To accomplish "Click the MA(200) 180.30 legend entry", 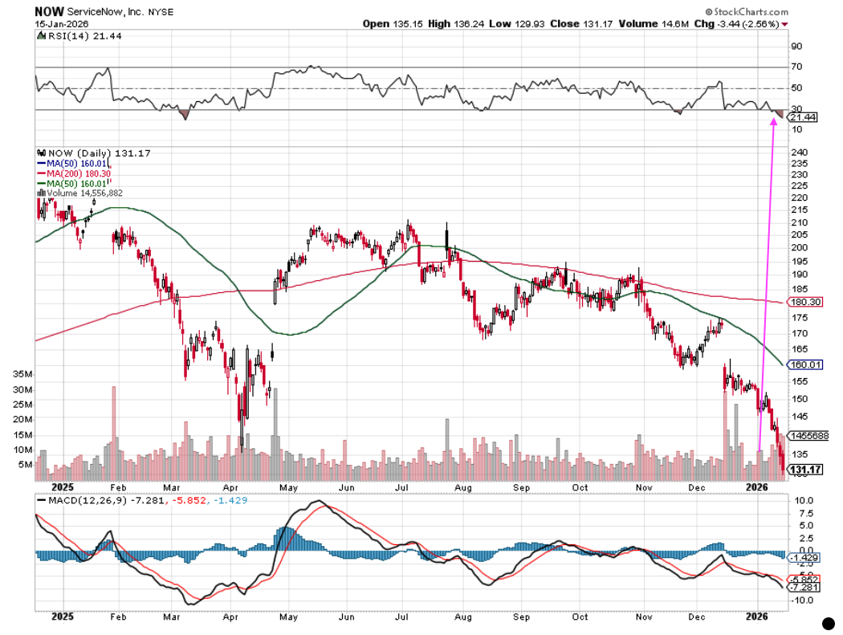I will [x=83, y=173].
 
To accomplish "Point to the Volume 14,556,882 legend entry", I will [x=85, y=193].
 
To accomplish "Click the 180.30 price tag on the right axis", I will [x=804, y=302].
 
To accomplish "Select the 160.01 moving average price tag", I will [x=804, y=364].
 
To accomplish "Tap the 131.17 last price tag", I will [x=805, y=469].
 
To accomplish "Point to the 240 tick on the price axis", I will [x=799, y=153].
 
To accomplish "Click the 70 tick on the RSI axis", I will [x=796, y=67].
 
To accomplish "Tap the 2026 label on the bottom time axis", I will [x=756, y=617].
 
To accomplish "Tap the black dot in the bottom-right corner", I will [x=830, y=622].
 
